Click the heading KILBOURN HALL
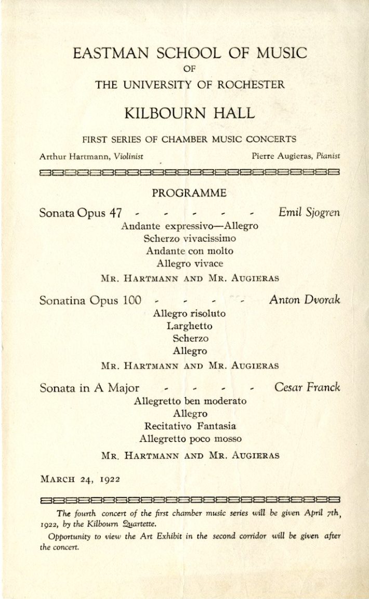point(189,113)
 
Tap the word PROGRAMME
point(189,193)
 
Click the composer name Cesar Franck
point(307,388)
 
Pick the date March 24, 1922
point(80,479)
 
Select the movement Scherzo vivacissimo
point(189,239)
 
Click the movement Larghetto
point(189,326)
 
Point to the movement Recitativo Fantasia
point(190,426)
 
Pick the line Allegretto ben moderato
point(190,401)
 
